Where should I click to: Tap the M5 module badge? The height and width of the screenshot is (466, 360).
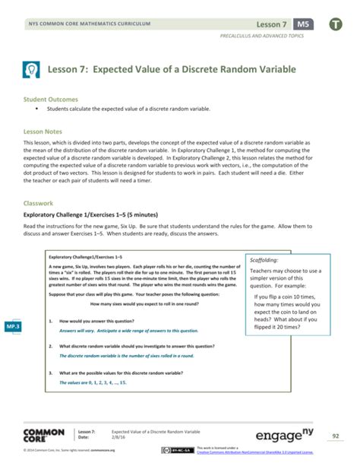pyautogui.click(x=303, y=24)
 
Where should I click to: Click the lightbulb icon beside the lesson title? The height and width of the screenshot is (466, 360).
pyautogui.click(x=31, y=69)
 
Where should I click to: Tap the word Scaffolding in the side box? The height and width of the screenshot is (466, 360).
pyautogui.click(x=265, y=259)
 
